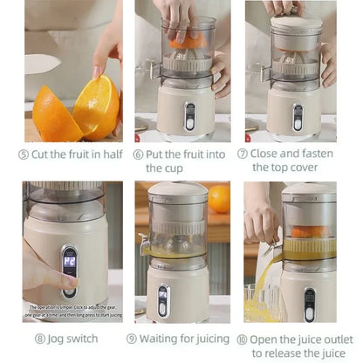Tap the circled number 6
[139, 154]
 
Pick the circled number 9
[132, 338]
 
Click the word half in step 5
[110, 154]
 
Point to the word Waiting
[164, 338]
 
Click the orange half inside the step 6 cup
[186, 40]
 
